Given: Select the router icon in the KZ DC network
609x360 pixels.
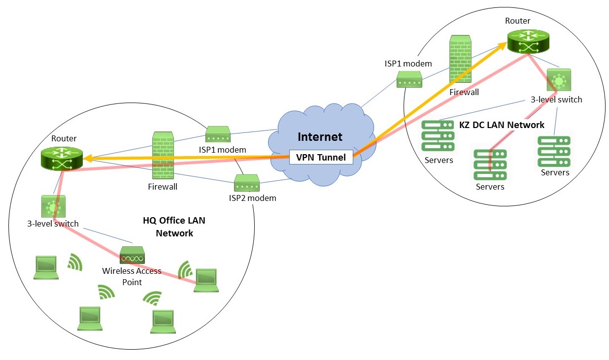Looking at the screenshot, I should point(528,41).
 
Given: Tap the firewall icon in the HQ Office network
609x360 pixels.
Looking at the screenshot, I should point(162,156).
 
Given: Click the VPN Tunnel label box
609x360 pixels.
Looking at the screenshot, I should point(321,158).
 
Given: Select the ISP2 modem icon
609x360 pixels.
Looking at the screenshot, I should point(246,184).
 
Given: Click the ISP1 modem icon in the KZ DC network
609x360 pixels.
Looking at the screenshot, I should point(409,79).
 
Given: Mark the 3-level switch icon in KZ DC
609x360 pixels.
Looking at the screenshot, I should point(559,80).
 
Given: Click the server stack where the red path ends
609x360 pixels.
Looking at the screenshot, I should point(490,164).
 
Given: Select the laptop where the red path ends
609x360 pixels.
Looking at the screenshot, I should point(206,280).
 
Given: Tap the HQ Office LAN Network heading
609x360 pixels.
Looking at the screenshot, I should point(174,227).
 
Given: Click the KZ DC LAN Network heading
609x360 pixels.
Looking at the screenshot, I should point(502,125).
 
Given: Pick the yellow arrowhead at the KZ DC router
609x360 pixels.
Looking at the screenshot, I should point(504,46).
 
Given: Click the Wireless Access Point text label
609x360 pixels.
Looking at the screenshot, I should point(132,276).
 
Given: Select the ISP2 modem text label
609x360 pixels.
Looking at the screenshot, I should point(252,198).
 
